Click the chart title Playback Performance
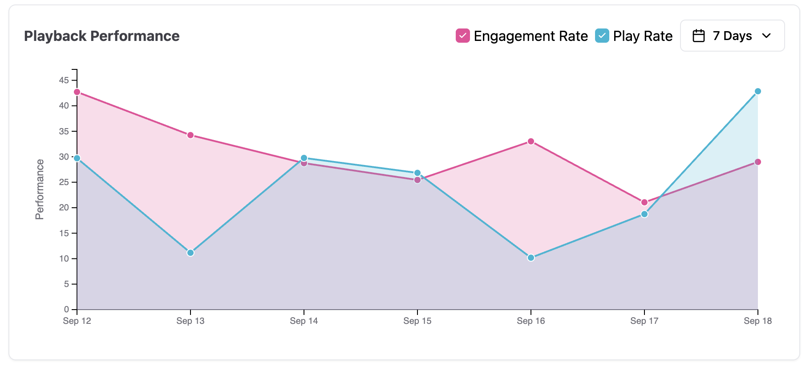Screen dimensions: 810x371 [x=102, y=36]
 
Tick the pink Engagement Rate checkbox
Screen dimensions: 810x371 [x=463, y=36]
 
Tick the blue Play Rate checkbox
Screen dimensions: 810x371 [x=602, y=36]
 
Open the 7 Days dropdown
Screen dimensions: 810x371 [x=732, y=36]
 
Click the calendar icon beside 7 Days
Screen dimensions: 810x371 [x=699, y=36]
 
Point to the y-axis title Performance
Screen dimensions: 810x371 [x=40, y=190]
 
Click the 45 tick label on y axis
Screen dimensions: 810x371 [x=64, y=81]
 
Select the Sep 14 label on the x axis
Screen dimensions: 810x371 [x=304, y=321]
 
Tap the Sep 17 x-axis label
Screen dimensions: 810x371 [x=644, y=321]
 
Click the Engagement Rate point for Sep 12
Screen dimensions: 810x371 [x=77, y=92]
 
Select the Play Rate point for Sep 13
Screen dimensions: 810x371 [x=190, y=253]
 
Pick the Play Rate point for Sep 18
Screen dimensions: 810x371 [x=758, y=91]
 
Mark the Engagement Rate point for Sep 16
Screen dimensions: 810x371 [x=531, y=141]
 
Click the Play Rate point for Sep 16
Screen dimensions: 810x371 [x=531, y=258]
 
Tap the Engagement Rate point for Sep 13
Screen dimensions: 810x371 [x=190, y=135]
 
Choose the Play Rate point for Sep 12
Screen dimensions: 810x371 [x=77, y=158]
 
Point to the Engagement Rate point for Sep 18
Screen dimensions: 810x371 [x=758, y=162]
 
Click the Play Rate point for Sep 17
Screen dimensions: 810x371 [x=644, y=214]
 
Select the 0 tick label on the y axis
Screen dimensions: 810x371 [x=67, y=310]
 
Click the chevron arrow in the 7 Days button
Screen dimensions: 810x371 [x=766, y=36]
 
